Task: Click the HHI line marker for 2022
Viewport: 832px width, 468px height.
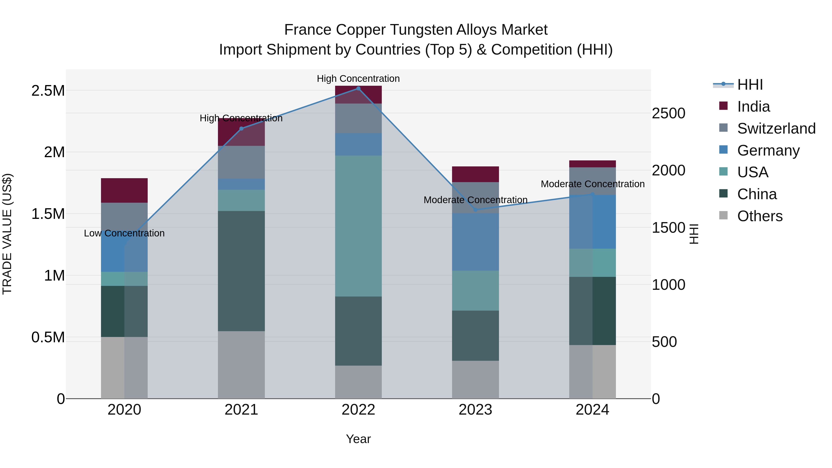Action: pyautogui.click(x=358, y=89)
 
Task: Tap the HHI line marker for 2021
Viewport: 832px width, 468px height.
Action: pyautogui.click(x=241, y=128)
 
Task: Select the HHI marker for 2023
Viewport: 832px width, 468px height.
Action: pyautogui.click(x=475, y=210)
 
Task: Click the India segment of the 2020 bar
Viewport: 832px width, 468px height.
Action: pyautogui.click(x=124, y=191)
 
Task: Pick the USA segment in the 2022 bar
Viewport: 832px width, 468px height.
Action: pyautogui.click(x=358, y=226)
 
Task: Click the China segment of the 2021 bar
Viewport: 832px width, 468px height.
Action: pyautogui.click(x=241, y=271)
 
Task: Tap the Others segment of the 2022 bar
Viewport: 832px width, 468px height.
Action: pyautogui.click(x=358, y=382)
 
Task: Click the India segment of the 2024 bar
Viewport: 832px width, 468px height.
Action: pyautogui.click(x=592, y=164)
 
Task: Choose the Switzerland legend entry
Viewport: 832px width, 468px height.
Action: pyautogui.click(x=776, y=128)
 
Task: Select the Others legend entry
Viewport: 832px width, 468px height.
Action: pyautogui.click(x=760, y=216)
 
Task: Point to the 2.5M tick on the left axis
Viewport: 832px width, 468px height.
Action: pyautogui.click(x=48, y=91)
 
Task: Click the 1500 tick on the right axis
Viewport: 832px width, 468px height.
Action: pyautogui.click(x=668, y=228)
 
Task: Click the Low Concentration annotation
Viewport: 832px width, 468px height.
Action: pyautogui.click(x=124, y=233)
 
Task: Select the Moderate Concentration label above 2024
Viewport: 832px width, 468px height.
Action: pyautogui.click(x=592, y=184)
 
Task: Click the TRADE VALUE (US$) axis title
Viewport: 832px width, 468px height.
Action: pyautogui.click(x=7, y=234)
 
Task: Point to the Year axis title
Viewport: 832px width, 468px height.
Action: pyautogui.click(x=358, y=439)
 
